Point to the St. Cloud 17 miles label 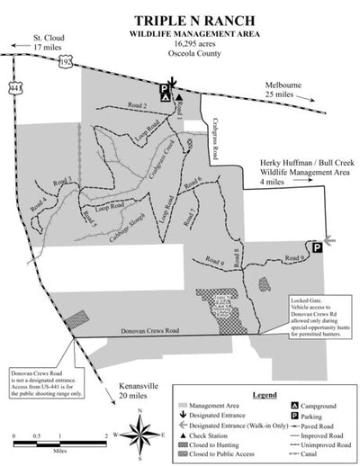[24, 40]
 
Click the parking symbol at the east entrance [317, 246]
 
